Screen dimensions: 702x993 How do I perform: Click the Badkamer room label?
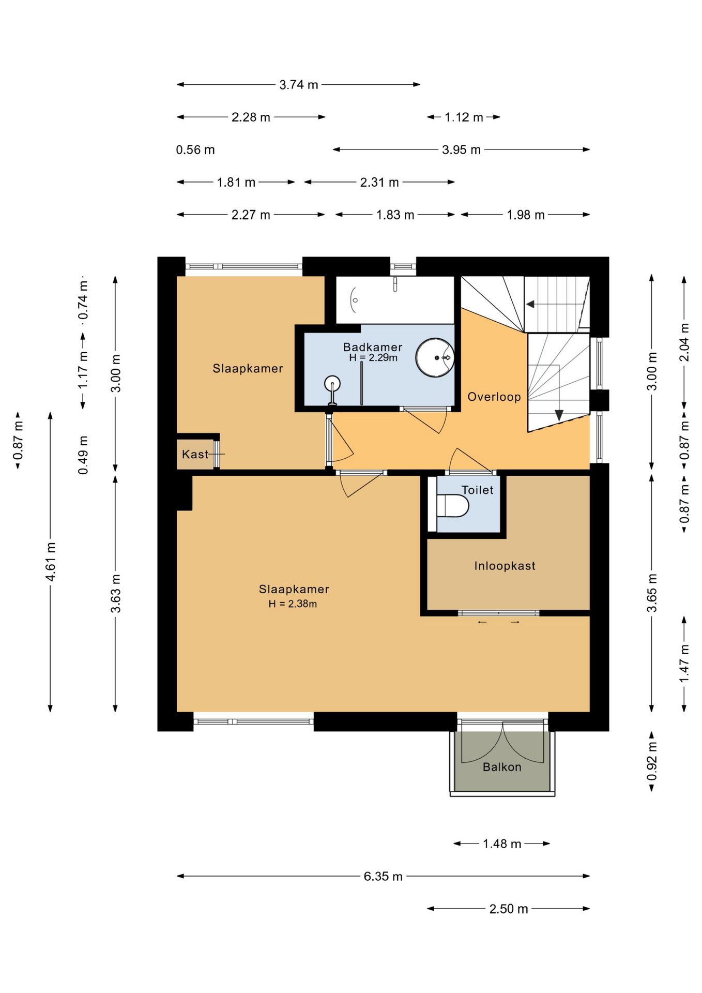pos(373,347)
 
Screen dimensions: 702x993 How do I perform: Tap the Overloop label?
pos(494,397)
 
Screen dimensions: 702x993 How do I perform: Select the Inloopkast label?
pos(505,566)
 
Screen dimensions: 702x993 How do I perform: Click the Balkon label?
pos(502,767)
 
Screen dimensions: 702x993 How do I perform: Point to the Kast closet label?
pos(195,454)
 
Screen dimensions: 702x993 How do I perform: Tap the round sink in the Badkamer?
pos(435,357)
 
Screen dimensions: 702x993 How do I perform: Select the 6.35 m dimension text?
pos(383,876)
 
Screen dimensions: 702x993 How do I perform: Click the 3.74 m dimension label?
pos(299,84)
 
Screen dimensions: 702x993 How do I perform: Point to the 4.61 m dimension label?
pos(51,562)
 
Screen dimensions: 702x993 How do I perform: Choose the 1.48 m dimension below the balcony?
pos(502,844)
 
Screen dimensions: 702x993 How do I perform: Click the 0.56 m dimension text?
pos(195,150)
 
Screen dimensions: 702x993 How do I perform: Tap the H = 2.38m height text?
pos(293,604)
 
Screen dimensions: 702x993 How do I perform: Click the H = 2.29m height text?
pos(373,357)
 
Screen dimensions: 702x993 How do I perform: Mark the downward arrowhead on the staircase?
pos(559,415)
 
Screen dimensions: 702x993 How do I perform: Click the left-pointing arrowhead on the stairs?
pos(530,304)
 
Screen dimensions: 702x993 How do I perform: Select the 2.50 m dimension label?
pos(509,909)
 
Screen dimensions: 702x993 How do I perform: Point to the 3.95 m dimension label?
pos(461,150)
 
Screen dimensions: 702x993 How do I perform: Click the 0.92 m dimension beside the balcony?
pos(652,761)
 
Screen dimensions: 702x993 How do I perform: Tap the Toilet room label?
pos(478,490)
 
